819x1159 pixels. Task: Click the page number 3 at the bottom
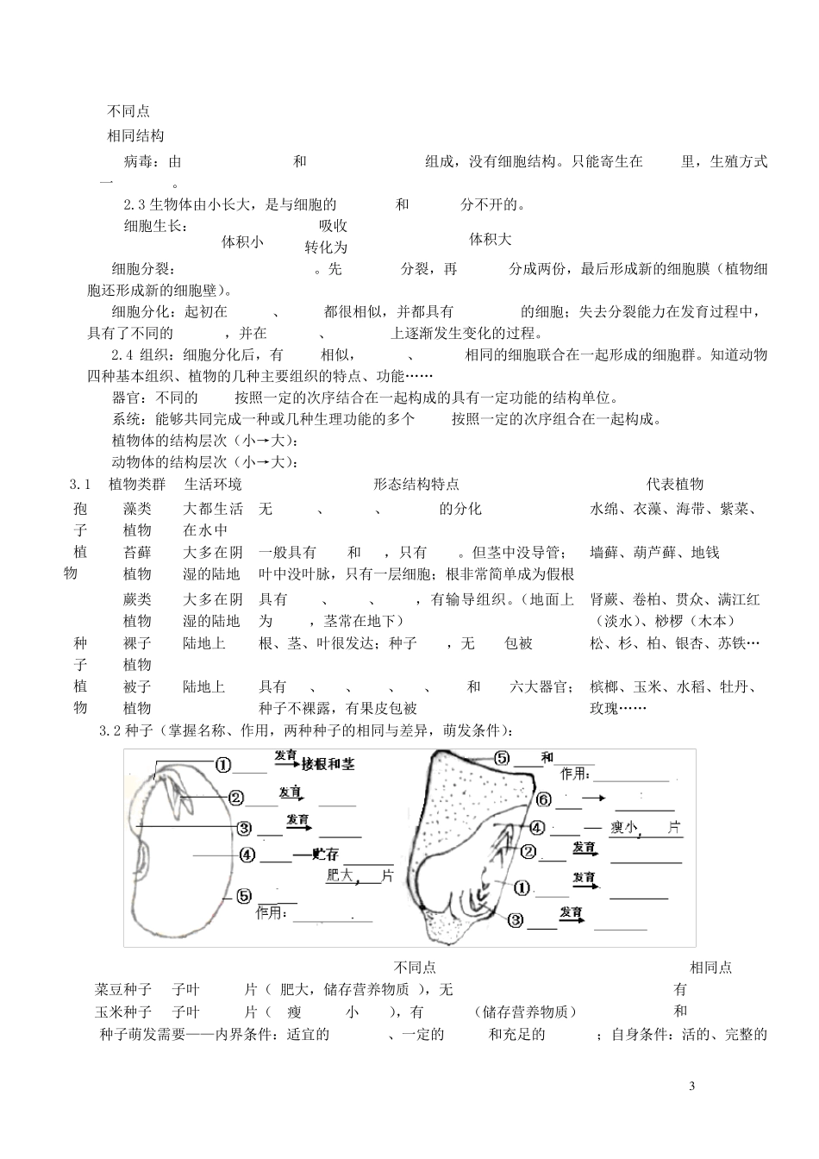point(692,1084)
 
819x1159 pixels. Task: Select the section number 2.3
point(135,204)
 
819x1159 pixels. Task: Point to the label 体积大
point(491,238)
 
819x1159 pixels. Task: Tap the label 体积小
point(243,241)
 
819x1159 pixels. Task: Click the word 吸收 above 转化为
point(333,226)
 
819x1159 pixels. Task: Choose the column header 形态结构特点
point(416,485)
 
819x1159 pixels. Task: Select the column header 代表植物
point(675,485)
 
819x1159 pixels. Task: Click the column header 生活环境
point(213,485)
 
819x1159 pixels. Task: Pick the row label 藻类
point(137,509)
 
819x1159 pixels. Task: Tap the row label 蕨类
point(137,599)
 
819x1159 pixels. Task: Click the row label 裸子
point(137,643)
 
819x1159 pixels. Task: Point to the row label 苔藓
point(137,553)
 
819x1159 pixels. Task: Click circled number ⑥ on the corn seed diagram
point(543,799)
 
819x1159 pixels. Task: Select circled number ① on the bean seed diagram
point(223,765)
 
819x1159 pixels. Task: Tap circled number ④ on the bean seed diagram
point(247,855)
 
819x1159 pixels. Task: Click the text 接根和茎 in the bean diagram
point(328,764)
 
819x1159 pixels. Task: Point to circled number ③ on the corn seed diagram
point(516,919)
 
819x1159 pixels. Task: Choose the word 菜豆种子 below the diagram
point(123,989)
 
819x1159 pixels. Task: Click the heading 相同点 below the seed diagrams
point(710,968)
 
